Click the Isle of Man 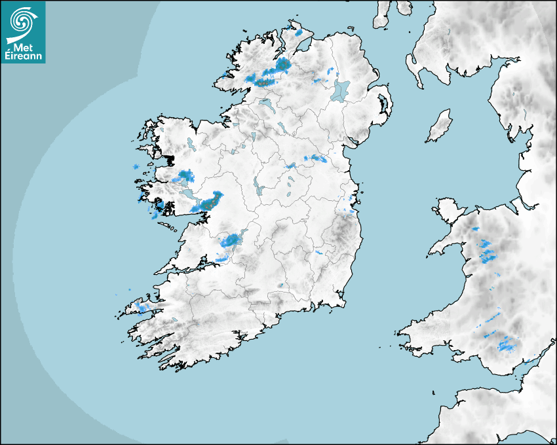coord(440,126)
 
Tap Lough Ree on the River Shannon coord(258,186)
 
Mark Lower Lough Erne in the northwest coord(267,105)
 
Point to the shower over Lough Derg coord(231,241)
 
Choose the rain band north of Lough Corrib coord(184,175)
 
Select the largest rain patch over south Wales coord(506,344)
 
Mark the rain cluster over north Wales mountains coord(486,253)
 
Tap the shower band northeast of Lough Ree coord(315,158)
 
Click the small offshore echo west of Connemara coord(136,167)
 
